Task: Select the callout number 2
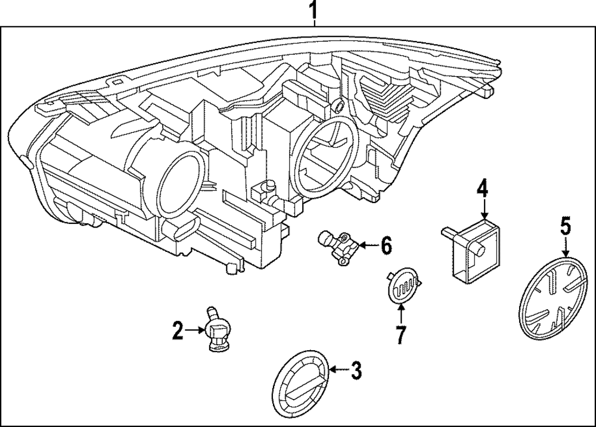[x=178, y=329]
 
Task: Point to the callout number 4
[x=482, y=190]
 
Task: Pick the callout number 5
[x=565, y=226]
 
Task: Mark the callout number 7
[x=401, y=335]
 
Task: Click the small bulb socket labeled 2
[x=216, y=329]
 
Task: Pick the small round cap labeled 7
[x=402, y=286]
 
